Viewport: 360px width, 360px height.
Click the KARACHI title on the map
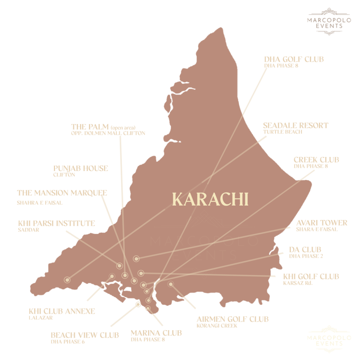coord(210,199)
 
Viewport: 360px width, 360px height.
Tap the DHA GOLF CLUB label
coord(294,60)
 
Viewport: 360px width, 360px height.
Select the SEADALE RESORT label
coord(295,126)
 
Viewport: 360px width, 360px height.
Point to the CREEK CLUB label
coord(316,160)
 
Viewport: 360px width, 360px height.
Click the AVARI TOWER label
coord(322,223)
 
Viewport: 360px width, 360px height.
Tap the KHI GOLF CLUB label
coord(311,277)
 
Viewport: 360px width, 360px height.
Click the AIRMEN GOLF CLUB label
coord(232,319)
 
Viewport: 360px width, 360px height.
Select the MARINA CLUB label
coord(156,333)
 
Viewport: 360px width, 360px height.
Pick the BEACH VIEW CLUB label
coord(85,335)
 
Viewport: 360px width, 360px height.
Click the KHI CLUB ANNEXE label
coord(62,311)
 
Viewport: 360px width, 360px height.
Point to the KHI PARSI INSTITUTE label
coord(56,223)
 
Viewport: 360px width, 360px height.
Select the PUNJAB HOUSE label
coord(80,169)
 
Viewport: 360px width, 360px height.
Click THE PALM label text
coord(90,127)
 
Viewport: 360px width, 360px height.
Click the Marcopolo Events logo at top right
coord(329,22)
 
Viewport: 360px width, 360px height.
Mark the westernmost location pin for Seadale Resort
coord(67,280)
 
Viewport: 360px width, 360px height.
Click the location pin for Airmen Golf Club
coord(171,284)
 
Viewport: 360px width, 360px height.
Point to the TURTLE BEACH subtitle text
coord(283,132)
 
